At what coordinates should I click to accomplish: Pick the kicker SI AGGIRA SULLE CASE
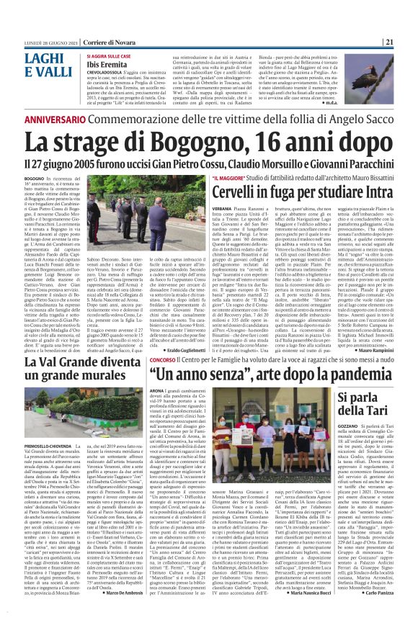tap(112, 55)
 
